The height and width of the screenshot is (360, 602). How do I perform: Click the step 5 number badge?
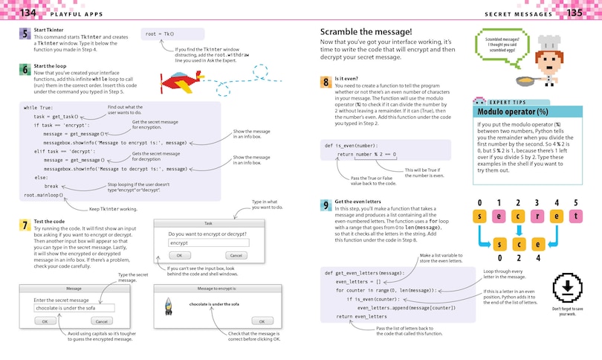[x=25, y=34]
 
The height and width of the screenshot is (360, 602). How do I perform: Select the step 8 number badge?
[x=326, y=83]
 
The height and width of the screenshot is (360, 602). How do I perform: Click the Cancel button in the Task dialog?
[x=236, y=256]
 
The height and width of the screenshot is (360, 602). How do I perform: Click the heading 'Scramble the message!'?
[x=365, y=31]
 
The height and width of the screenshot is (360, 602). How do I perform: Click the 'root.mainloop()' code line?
[x=43, y=196]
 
